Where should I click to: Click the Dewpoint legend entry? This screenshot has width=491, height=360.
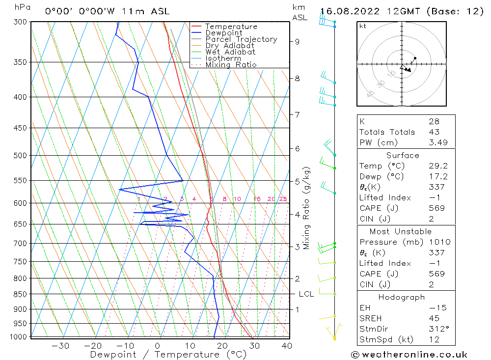[x=223, y=33]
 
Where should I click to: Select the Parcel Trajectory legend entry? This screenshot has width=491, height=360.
[x=241, y=39]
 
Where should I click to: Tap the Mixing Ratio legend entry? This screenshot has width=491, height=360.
[x=231, y=65]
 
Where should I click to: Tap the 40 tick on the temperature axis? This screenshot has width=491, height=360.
[x=287, y=346]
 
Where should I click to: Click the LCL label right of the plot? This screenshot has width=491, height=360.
[x=306, y=294]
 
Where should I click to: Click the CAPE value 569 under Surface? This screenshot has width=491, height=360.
[x=436, y=208]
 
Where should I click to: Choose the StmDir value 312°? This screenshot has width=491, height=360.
[x=436, y=328]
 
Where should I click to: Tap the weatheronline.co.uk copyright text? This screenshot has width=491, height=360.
[x=409, y=355]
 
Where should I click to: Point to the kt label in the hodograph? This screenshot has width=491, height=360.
[x=363, y=26]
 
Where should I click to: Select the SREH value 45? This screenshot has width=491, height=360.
[x=434, y=318]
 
